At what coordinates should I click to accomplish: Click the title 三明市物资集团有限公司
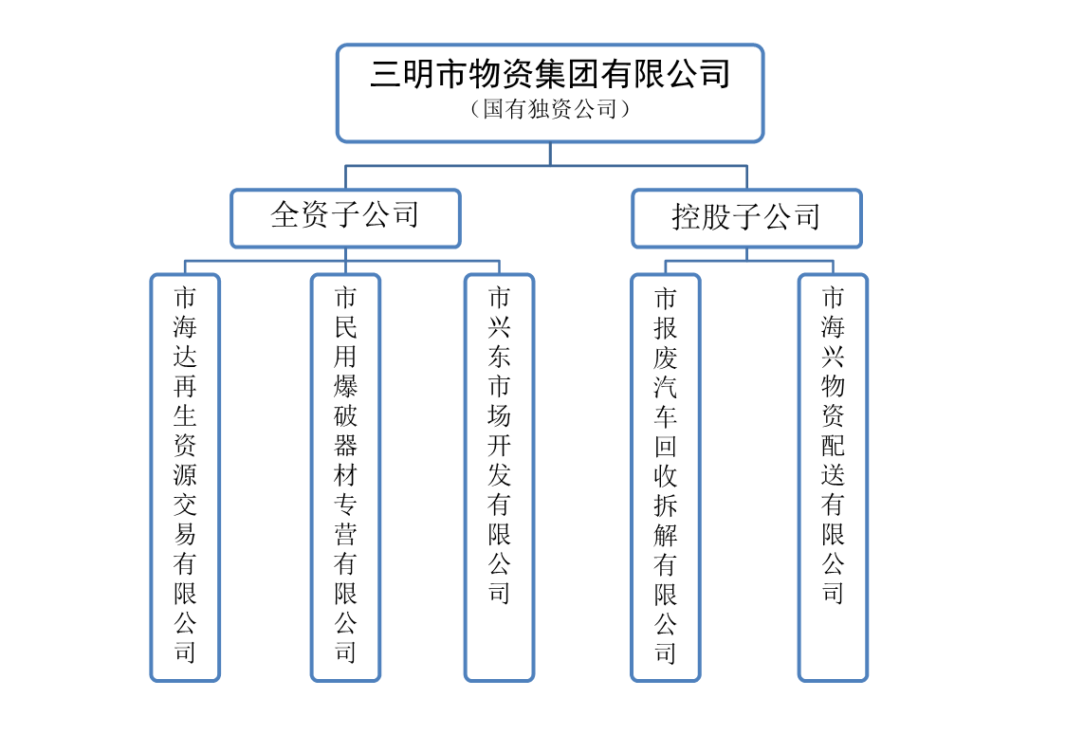click(550, 74)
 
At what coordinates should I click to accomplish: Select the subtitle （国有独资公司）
click(550, 109)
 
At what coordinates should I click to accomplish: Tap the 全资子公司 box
click(346, 218)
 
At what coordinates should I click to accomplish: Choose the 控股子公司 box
click(746, 218)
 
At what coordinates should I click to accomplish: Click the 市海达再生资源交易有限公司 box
click(185, 477)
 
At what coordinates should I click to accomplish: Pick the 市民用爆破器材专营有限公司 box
click(345, 477)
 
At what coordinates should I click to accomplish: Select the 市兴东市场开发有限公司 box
click(499, 477)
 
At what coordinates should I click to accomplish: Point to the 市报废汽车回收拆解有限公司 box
click(666, 477)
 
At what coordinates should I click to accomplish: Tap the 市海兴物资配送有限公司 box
click(833, 477)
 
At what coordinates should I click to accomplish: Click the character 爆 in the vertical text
click(345, 386)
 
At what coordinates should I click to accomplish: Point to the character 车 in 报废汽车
click(666, 416)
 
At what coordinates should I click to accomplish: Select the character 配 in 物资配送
click(833, 446)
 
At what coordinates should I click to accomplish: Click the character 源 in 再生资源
click(185, 475)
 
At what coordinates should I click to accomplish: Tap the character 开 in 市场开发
click(499, 446)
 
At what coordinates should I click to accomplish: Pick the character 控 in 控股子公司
click(687, 216)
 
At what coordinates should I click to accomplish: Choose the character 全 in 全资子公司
click(285, 214)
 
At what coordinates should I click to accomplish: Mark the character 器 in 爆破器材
click(345, 446)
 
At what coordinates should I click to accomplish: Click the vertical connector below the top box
click(550, 154)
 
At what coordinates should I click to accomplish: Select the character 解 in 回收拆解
click(666, 535)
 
